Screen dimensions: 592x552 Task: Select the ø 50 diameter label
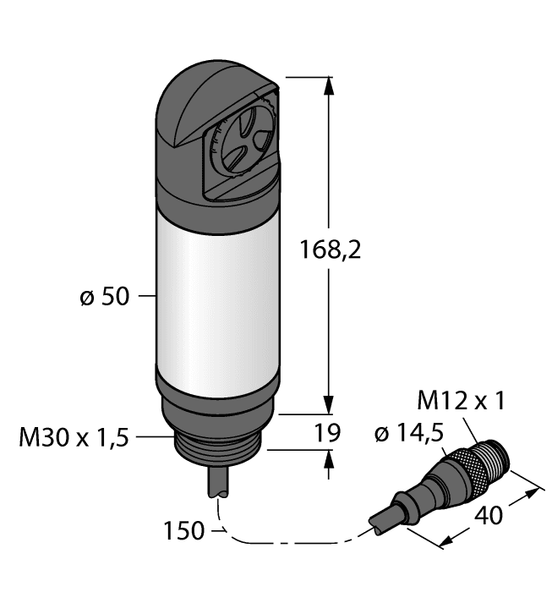click(x=105, y=298)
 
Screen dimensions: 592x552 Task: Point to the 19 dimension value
click(x=327, y=434)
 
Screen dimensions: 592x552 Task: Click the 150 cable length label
click(x=183, y=531)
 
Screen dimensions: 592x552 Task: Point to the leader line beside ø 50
click(x=146, y=297)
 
